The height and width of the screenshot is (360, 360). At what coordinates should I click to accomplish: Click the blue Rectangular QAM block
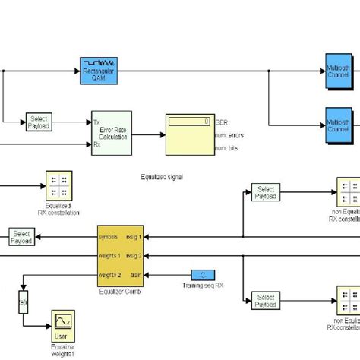[97, 68]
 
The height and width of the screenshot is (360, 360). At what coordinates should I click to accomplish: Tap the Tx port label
[96, 122]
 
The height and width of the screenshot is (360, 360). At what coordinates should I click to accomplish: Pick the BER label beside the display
[221, 122]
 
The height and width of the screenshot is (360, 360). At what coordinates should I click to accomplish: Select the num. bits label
[227, 148]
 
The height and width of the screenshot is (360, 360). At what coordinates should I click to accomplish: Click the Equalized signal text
[162, 176]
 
